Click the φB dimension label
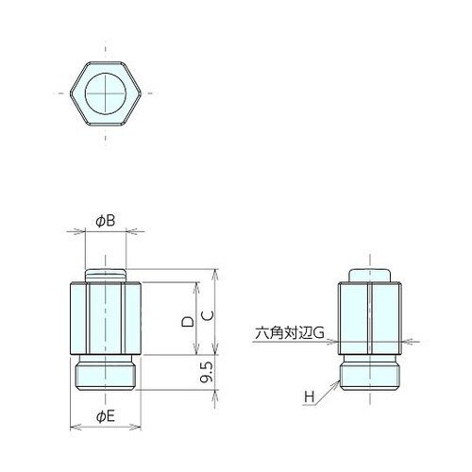pyautogui.click(x=106, y=221)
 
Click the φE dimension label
pyautogui.click(x=106, y=417)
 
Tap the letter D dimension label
pyautogui.click(x=188, y=322)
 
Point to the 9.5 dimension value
pyautogui.click(x=207, y=372)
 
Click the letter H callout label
pyautogui.click(x=310, y=396)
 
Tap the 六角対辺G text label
pyautogui.click(x=289, y=332)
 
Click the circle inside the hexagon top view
pyautogui.click(x=106, y=93)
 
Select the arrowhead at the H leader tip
pyautogui.click(x=337, y=383)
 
